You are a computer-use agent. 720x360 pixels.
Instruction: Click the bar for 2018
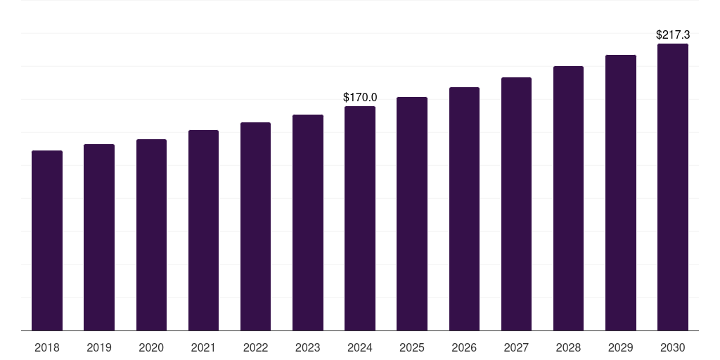(x=47, y=240)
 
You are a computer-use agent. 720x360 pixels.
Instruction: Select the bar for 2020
(x=151, y=235)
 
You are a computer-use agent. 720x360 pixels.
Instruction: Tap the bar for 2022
(x=255, y=226)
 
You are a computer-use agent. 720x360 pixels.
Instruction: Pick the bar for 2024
(x=360, y=218)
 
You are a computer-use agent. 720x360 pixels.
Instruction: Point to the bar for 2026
(x=464, y=209)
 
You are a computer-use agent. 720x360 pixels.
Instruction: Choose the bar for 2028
(x=568, y=198)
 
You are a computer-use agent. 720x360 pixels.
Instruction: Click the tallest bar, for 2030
(x=673, y=187)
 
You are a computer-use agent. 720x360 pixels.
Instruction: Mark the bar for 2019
(x=99, y=237)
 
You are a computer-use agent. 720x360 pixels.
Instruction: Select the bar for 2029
(x=621, y=193)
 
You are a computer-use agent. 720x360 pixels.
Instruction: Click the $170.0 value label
(x=360, y=97)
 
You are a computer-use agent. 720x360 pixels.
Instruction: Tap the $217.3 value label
(x=673, y=34)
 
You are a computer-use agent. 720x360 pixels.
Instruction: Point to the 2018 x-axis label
(x=47, y=347)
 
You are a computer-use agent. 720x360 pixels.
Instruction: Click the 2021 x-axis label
(x=203, y=347)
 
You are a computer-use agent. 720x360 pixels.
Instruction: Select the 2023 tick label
(x=308, y=347)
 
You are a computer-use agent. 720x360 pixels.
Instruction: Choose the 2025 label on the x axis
(x=412, y=347)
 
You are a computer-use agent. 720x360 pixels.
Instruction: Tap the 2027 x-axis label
(x=516, y=347)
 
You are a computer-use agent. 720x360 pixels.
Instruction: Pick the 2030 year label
(x=673, y=347)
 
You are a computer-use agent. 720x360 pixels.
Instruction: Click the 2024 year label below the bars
(x=360, y=347)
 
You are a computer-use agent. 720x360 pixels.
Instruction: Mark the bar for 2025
(x=412, y=214)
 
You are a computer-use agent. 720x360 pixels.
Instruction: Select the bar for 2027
(x=516, y=204)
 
